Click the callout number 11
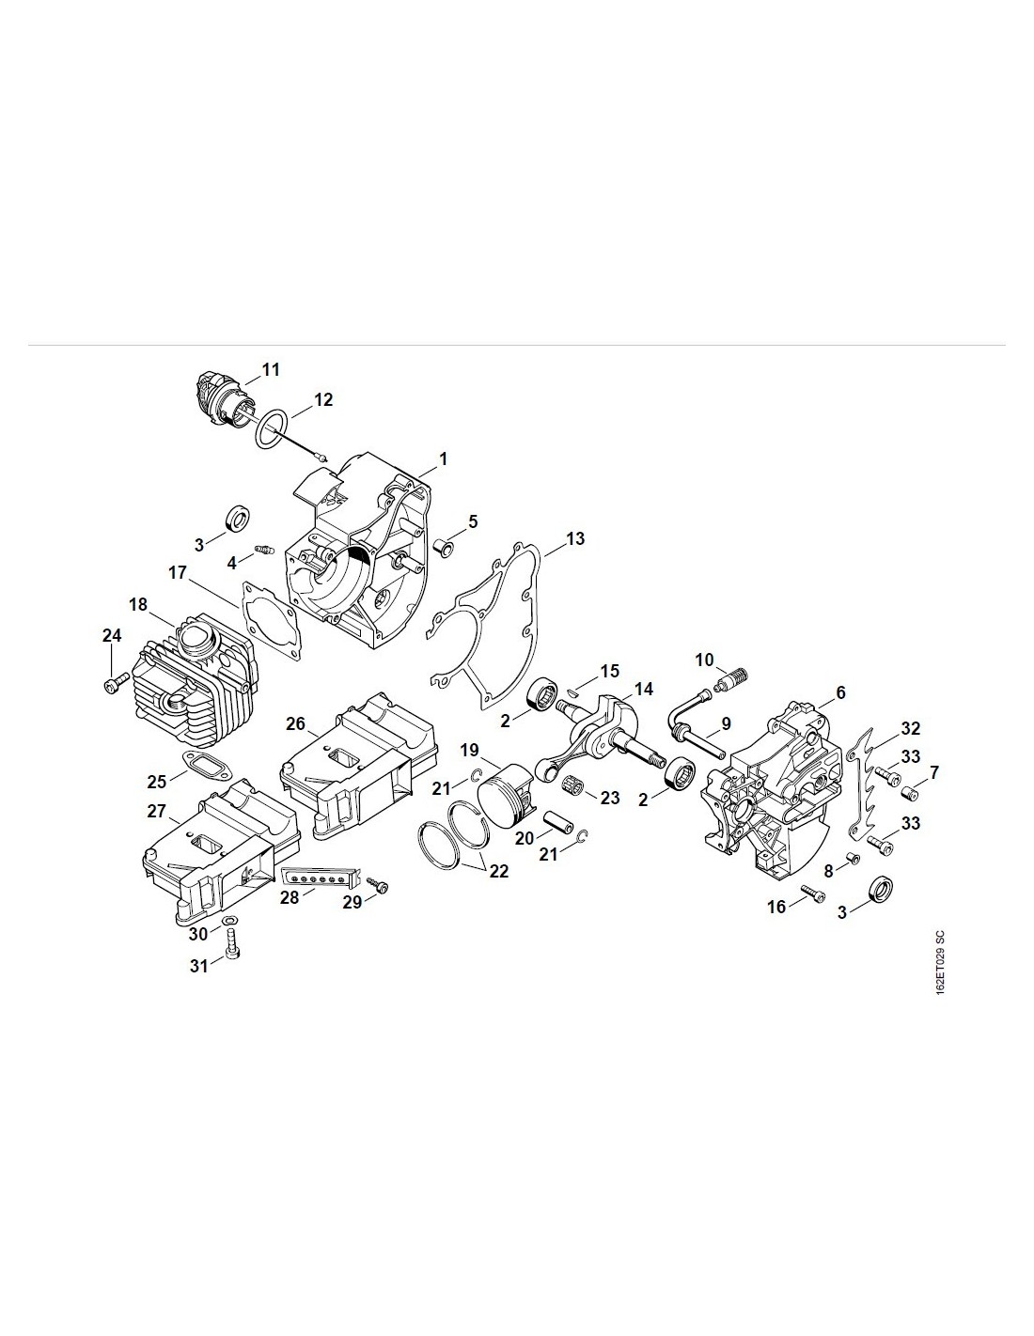tap(271, 369)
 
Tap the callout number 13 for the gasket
tap(575, 538)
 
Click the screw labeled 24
tap(111, 684)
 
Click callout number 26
tap(296, 723)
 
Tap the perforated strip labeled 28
tap(321, 877)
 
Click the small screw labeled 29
tap(379, 885)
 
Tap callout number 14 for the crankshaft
tap(643, 689)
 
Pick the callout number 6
tap(840, 692)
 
